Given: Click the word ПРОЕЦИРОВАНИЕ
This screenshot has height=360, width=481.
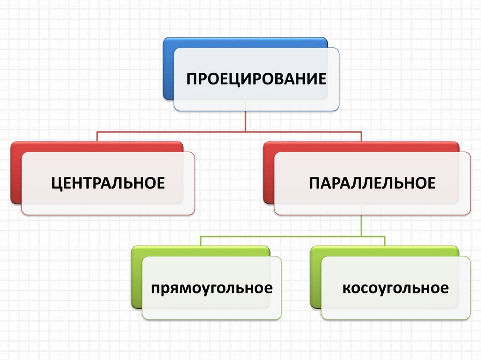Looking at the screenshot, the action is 256,78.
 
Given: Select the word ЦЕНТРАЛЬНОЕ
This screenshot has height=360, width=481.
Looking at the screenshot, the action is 108,183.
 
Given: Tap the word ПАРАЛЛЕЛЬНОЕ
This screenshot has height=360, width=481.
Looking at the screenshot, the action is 372,183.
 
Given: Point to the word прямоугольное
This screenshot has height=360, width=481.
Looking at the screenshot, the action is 211,287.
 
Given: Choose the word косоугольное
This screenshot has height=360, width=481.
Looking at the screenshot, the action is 395,287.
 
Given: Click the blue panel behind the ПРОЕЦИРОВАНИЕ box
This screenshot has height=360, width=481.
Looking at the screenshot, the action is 169,70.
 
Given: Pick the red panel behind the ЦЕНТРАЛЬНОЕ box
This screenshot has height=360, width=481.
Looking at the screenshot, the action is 16,174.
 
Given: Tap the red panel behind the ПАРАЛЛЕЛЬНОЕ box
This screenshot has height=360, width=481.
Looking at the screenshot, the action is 268,174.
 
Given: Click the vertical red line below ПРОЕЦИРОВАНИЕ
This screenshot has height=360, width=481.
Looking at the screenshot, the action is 246,121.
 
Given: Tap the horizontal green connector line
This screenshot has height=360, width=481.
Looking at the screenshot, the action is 291,236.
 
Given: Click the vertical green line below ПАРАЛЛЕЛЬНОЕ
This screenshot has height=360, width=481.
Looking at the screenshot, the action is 361,225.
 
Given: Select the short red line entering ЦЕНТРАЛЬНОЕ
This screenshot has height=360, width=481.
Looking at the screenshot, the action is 97,137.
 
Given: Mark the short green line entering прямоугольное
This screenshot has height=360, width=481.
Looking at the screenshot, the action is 201,241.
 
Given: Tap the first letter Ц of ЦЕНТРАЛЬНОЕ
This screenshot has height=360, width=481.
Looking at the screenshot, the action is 56,183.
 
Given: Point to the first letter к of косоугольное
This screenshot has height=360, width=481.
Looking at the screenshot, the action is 346,287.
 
